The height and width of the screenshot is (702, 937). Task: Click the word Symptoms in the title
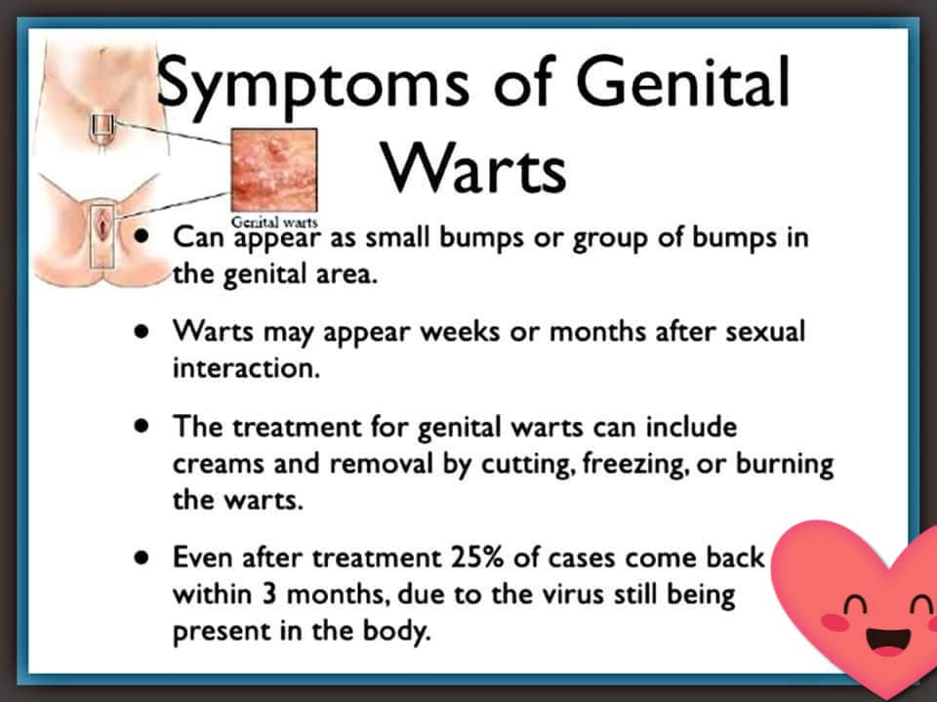tap(313, 87)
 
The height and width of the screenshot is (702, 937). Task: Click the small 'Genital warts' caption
tap(274, 222)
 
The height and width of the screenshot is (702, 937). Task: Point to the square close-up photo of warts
tap(274, 170)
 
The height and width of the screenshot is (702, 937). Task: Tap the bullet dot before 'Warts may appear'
tap(142, 331)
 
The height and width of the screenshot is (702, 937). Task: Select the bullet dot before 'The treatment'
tap(142, 426)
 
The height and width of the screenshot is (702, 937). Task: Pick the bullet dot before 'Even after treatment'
tap(142, 557)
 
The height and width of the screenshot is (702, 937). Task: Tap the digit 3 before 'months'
tap(269, 595)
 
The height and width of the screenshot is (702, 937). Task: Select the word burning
tap(785, 464)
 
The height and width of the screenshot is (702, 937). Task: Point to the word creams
tap(218, 465)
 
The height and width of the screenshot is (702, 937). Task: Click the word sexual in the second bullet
tap(765, 331)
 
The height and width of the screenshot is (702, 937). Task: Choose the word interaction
tap(246, 368)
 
